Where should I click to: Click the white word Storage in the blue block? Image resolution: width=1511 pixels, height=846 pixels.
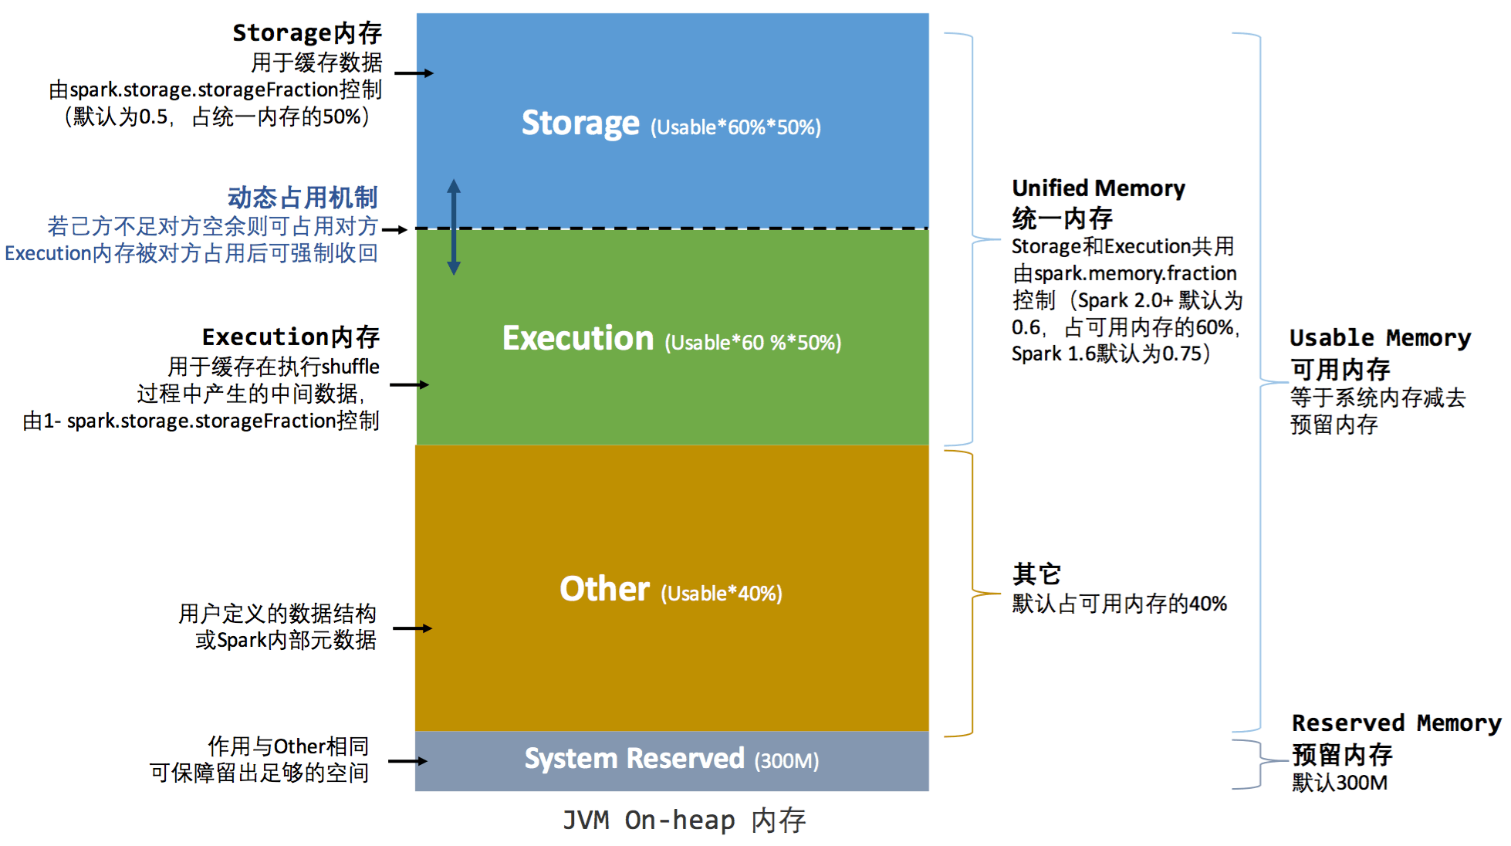click(580, 124)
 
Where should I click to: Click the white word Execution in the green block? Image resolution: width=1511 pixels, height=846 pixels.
click(578, 339)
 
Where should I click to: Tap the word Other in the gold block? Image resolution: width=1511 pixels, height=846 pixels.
click(604, 590)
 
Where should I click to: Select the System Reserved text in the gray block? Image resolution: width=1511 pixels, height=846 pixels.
click(634, 759)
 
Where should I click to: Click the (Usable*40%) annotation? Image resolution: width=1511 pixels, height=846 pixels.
click(721, 594)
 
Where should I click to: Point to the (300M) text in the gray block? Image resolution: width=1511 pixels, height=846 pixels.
click(786, 761)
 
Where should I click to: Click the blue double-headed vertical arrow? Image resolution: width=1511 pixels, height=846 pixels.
click(454, 227)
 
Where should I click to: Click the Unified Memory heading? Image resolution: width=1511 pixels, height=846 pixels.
click(1098, 188)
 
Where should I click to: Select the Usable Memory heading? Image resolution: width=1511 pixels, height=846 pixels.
click(1380, 338)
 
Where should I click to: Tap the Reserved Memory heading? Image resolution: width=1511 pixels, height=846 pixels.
click(1396, 723)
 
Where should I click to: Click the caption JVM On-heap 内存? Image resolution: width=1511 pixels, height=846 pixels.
click(684, 821)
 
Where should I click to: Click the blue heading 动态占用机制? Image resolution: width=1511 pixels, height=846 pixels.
click(303, 198)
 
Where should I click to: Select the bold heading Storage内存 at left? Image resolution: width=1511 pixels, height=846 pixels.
click(307, 32)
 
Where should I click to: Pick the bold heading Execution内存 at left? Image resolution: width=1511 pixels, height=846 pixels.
click(291, 337)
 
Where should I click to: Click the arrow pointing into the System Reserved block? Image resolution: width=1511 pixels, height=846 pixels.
click(407, 761)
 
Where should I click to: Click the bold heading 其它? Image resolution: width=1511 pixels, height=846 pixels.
click(1036, 574)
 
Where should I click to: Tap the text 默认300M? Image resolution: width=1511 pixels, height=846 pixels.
click(1340, 783)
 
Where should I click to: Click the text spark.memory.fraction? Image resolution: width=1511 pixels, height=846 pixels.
click(1134, 273)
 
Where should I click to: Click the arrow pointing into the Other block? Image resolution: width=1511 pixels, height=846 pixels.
click(412, 628)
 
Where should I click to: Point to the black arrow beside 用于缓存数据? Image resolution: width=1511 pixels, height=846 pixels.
click(414, 73)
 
